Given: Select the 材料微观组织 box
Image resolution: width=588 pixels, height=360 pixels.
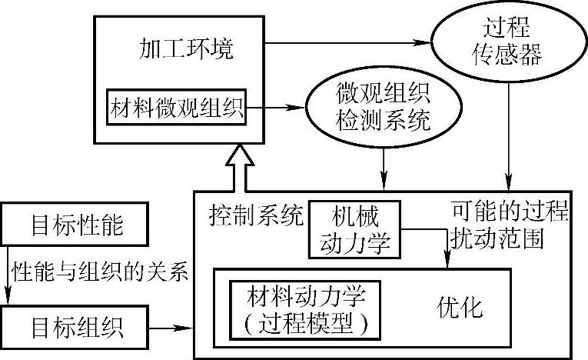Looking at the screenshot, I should click(178, 108).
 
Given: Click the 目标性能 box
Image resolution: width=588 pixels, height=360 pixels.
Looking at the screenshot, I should click(76, 225).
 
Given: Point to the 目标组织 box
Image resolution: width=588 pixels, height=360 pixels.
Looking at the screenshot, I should click(76, 328).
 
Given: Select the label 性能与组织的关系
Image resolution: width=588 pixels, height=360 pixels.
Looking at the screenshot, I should click(100, 273).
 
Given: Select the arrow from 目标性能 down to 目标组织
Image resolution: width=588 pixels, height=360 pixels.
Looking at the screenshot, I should click(7, 277).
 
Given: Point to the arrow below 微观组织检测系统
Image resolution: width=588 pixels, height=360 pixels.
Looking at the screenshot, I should click(385, 165).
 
